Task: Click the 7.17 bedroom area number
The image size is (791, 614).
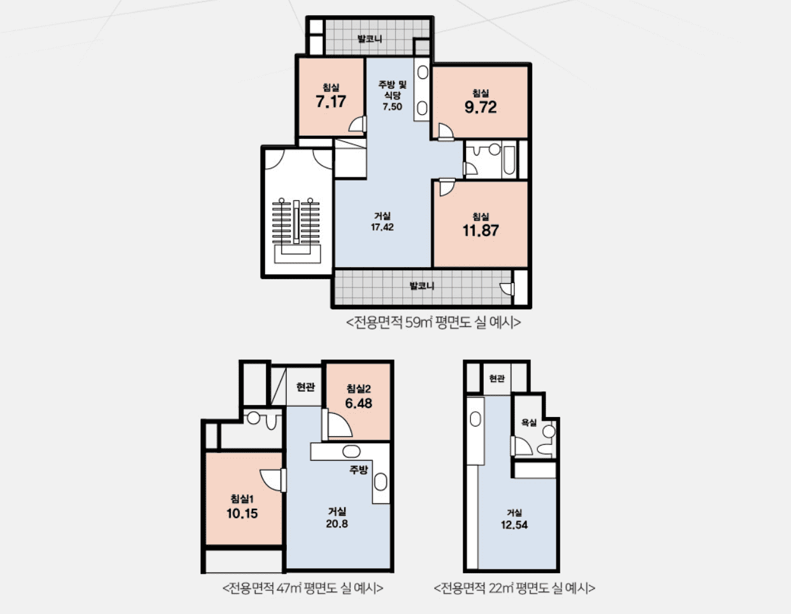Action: [331, 101]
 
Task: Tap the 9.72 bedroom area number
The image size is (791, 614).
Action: [481, 107]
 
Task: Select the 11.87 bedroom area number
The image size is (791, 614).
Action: [481, 231]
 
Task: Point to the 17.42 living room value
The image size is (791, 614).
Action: [382, 227]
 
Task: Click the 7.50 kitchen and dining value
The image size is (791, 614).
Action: [392, 106]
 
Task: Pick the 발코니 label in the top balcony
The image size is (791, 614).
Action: [370, 39]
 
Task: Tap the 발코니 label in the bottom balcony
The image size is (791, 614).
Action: [422, 286]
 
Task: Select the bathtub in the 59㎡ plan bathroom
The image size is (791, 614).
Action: [509, 161]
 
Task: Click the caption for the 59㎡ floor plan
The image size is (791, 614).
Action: [433, 323]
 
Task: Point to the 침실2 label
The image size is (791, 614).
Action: [359, 389]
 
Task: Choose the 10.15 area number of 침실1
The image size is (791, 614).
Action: [242, 513]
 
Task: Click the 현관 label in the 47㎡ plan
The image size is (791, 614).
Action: [305, 387]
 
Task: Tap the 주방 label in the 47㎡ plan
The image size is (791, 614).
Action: [359, 470]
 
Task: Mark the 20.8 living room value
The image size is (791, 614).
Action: [337, 523]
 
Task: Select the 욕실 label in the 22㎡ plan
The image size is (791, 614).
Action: [529, 423]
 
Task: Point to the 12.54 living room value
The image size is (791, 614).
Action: [514, 525]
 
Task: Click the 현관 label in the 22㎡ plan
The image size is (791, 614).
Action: [497, 379]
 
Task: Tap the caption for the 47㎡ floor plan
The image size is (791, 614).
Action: [303, 588]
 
